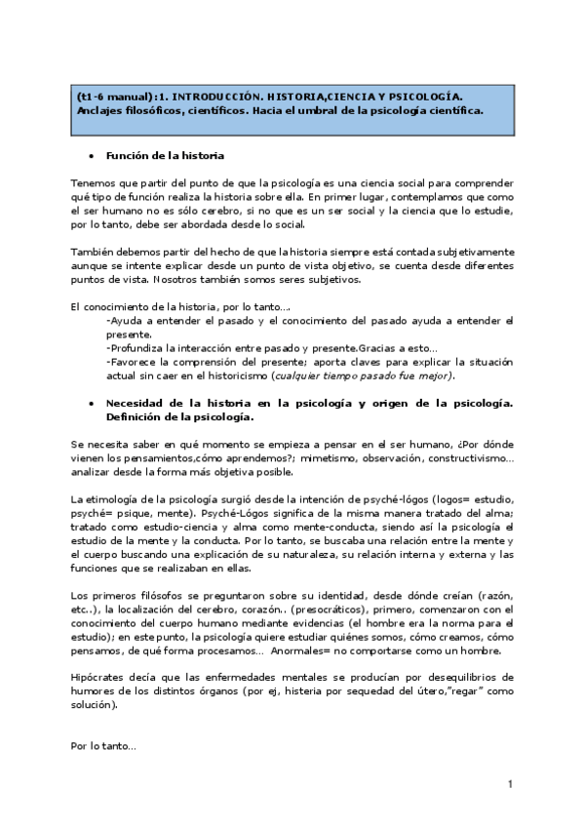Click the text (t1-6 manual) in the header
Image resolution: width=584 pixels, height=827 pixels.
coord(111,97)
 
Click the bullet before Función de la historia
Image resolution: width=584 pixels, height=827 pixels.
coord(91,155)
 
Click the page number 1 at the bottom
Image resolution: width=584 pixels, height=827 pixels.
coord(510,784)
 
